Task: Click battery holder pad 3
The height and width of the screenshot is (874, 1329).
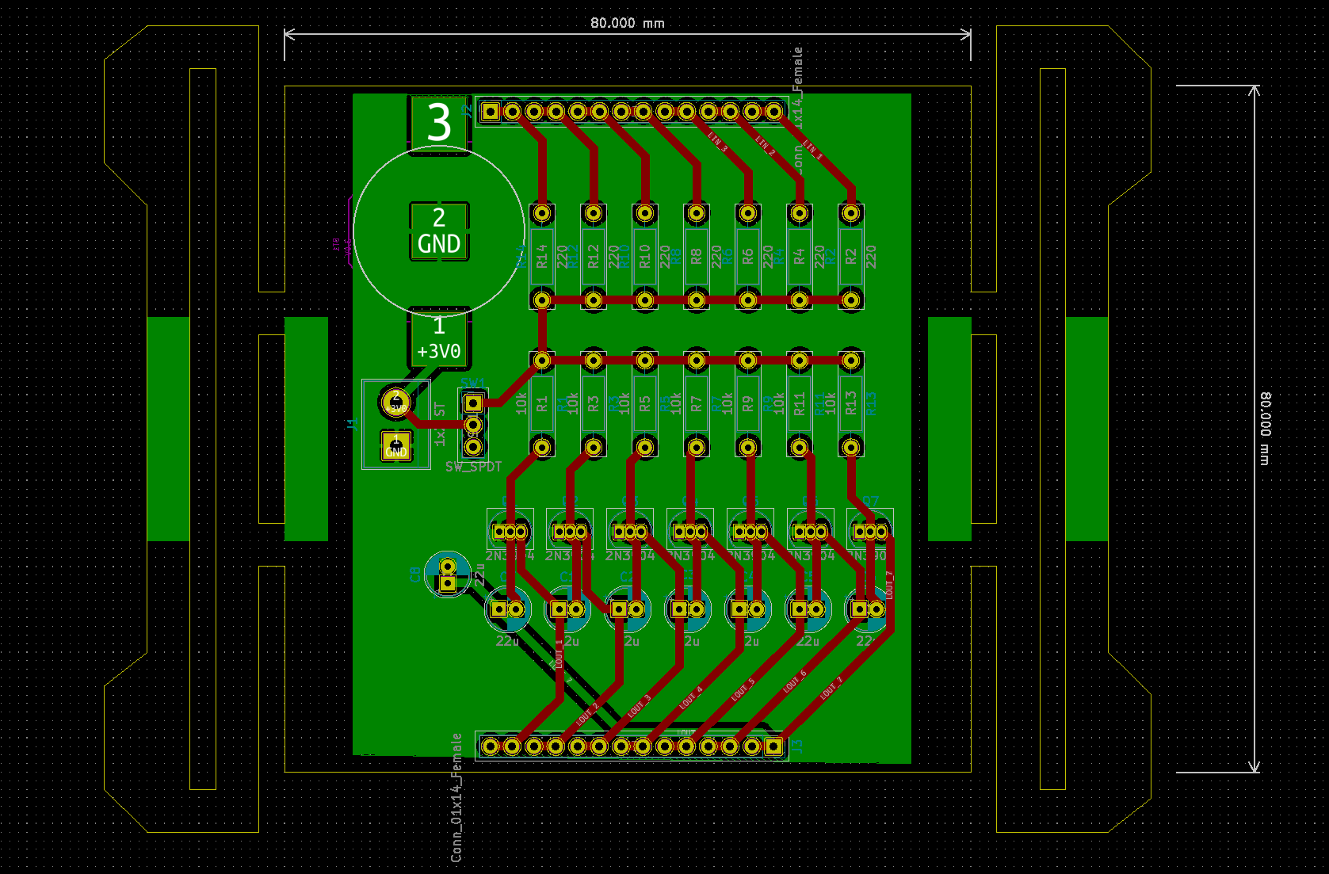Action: (439, 123)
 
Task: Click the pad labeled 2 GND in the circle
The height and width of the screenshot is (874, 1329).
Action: (439, 231)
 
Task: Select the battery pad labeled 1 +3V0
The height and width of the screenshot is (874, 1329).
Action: (439, 338)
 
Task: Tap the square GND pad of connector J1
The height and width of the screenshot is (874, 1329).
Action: (395, 446)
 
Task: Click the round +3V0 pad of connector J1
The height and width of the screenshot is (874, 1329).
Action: (395, 403)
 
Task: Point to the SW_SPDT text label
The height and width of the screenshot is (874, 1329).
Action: (473, 467)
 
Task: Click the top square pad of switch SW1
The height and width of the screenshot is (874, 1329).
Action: (473, 403)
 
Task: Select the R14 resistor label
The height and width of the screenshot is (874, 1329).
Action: (542, 256)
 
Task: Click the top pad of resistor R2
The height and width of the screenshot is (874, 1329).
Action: (850, 213)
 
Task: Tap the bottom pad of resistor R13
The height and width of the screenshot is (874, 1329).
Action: (850, 448)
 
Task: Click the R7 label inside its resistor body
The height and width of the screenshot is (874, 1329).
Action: (696, 404)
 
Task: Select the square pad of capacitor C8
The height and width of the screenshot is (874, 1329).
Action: (447, 584)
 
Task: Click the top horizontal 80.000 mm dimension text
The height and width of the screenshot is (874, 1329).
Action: (627, 23)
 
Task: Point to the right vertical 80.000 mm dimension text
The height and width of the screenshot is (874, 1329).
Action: (1265, 428)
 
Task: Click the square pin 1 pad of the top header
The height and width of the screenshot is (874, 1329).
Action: (491, 112)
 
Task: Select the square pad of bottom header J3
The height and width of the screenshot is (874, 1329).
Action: (773, 746)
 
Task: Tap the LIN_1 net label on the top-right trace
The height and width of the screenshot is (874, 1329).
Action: (813, 149)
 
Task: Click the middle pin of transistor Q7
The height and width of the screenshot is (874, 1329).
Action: (870, 532)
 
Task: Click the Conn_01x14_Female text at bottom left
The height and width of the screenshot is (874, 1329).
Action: (456, 797)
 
